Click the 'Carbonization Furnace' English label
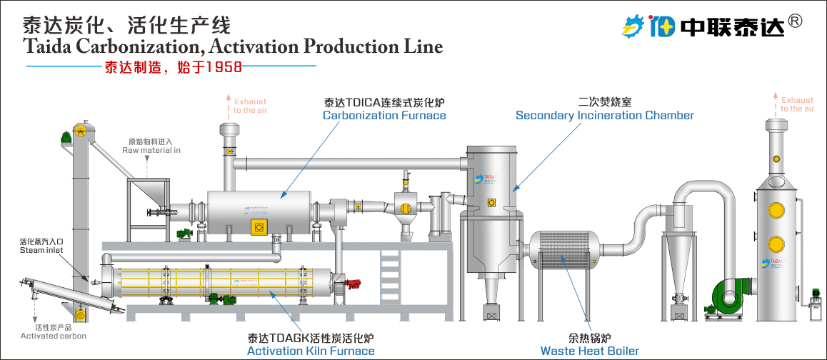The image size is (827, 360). coord(384,116)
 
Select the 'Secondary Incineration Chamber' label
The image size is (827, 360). coord(604,116)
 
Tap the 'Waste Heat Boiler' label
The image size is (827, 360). coord(589,351)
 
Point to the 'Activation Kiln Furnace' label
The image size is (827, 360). coord(310,351)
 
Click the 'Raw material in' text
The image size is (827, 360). coord(151,151)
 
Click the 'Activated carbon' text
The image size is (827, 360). coord(53,336)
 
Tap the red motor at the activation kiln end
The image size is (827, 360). coord(351,284)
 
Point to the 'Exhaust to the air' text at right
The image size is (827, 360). coord(796,104)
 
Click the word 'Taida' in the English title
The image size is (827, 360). coord(46,47)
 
